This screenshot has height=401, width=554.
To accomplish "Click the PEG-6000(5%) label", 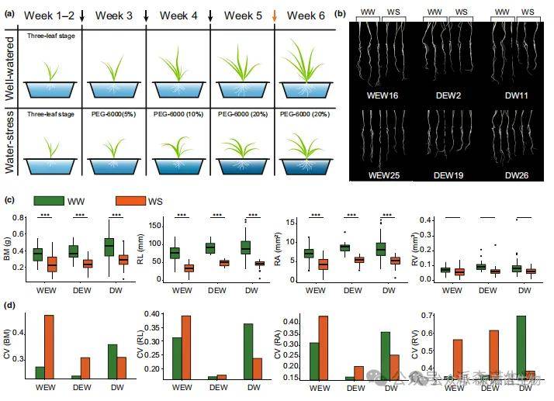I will pyautogui.click(x=115, y=115).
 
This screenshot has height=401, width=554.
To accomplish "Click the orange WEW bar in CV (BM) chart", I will pyautogui.click(x=49, y=347).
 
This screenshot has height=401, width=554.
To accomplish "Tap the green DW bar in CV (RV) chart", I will pyautogui.click(x=521, y=347).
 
